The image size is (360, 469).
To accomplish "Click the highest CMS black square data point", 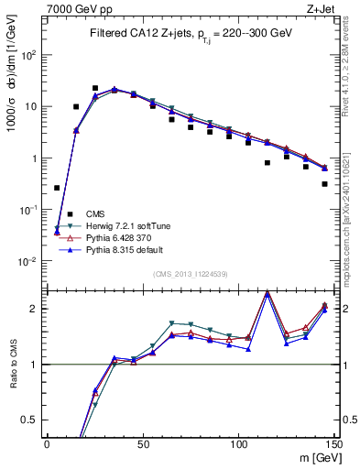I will (94, 88).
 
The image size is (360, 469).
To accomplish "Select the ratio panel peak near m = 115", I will (267, 293).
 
